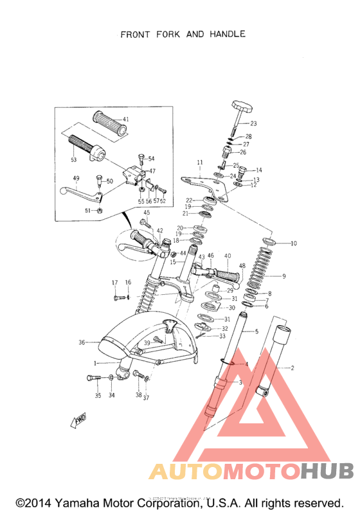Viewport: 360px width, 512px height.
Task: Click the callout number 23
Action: tap(253, 123)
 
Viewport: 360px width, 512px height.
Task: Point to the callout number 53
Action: tap(73, 159)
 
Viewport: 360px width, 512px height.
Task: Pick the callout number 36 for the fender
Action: tap(82, 342)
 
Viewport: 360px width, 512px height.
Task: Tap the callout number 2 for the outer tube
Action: tap(292, 368)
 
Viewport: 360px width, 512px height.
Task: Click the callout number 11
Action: tap(200, 163)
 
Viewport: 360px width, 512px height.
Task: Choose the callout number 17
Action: tap(115, 283)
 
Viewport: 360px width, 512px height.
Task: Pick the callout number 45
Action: tap(147, 213)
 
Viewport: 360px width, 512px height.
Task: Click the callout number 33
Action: tap(222, 336)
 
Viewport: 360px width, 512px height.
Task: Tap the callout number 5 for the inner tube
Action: tap(256, 331)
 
